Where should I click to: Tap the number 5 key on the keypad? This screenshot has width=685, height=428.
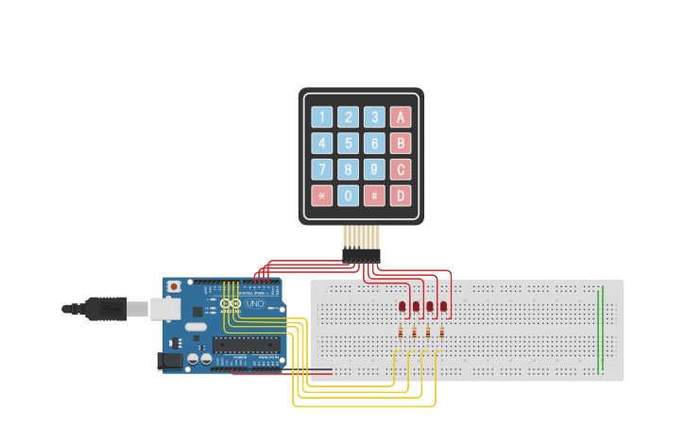click(349, 144)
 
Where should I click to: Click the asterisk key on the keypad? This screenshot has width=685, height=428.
click(322, 196)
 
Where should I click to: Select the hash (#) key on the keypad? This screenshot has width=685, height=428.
click(375, 196)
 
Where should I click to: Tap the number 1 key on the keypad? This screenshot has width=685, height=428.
click(322, 117)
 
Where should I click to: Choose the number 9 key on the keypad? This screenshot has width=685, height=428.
click(375, 170)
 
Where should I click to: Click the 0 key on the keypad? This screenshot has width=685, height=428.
click(349, 196)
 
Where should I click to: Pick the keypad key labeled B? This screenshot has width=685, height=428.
click(402, 144)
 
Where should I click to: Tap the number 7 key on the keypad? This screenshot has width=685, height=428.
click(322, 170)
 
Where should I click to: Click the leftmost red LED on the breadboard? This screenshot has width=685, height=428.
click(402, 306)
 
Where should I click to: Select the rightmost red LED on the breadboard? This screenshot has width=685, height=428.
click(444, 306)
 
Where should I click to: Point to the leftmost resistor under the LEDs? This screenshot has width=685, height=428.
click(402, 332)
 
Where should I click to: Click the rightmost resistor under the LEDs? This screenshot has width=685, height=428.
click(442, 332)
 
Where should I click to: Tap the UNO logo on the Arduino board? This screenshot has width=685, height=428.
click(255, 303)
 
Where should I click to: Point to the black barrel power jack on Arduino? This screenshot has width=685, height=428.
click(169, 360)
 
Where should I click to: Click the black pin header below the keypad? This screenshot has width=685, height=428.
click(361, 255)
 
